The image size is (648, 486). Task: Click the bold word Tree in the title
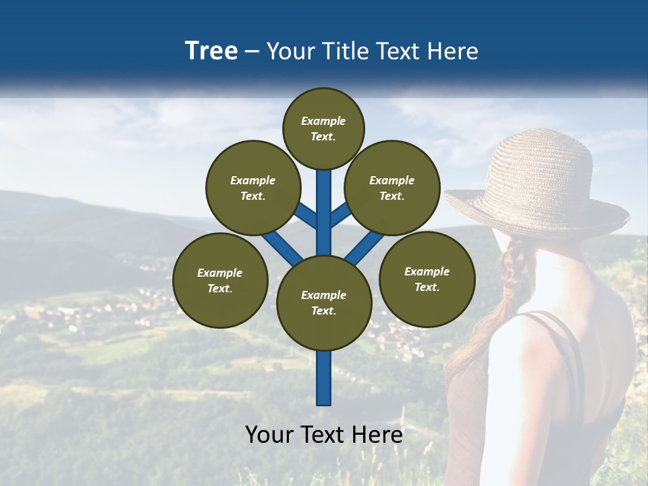click(211, 51)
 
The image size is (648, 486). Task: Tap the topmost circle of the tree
click(323, 128)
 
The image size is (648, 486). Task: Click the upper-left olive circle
click(252, 188)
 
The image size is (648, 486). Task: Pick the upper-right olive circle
click(391, 188)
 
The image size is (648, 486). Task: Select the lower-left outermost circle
click(220, 280)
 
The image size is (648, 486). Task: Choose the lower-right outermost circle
click(427, 279)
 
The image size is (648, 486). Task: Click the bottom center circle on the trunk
click(324, 302)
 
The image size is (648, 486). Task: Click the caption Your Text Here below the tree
click(324, 435)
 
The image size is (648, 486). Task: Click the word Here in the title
click(453, 51)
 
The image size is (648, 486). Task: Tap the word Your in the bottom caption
click(269, 435)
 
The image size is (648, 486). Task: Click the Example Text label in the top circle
click(323, 128)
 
